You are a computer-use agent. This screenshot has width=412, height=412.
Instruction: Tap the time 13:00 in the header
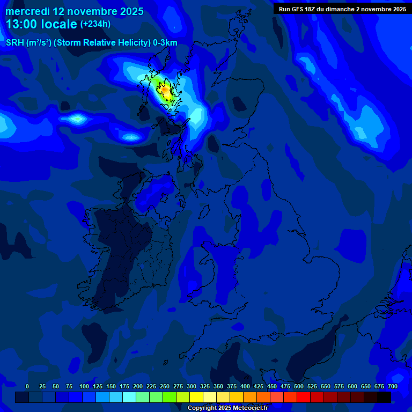21,24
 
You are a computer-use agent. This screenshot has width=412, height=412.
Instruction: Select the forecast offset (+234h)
95,24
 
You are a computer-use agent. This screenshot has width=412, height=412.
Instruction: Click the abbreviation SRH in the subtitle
15,43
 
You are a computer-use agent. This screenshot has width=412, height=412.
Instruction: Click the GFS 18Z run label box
342,9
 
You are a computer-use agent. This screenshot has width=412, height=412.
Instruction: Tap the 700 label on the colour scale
393,386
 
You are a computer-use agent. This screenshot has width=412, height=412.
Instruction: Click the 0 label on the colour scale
27,386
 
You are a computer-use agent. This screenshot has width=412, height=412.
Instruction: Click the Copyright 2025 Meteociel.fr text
227,408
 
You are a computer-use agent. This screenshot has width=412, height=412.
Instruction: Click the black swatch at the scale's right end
384,397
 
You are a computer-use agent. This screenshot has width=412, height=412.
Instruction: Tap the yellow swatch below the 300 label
196,397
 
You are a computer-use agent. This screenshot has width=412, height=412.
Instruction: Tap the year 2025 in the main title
129,11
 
